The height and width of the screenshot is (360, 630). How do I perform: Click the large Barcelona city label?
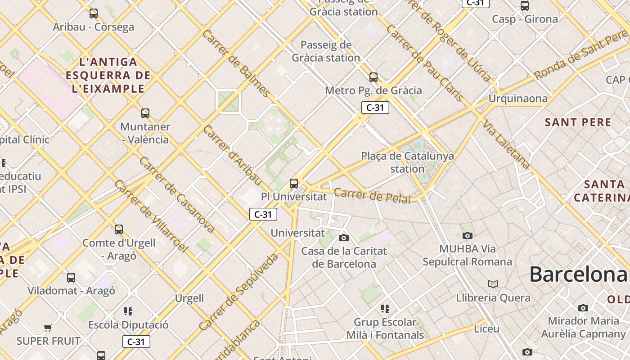click(x=579, y=274)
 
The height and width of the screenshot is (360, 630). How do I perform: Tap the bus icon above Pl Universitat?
click(x=294, y=183)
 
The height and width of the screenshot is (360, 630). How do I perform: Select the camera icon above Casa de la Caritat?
click(x=344, y=238)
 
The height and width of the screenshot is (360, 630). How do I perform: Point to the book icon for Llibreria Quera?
click(x=493, y=284)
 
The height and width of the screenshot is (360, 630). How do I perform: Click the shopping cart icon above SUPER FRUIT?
click(x=48, y=327)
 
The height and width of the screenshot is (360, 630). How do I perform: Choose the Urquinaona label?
click(x=518, y=98)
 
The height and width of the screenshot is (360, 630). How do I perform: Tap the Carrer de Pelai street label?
click(x=372, y=196)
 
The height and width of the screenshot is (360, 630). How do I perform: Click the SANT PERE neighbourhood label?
click(x=578, y=122)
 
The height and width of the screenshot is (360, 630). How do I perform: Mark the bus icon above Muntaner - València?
click(x=145, y=113)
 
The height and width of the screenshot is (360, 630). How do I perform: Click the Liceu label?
click(x=486, y=328)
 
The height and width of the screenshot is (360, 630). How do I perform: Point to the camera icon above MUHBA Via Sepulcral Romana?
click(x=468, y=235)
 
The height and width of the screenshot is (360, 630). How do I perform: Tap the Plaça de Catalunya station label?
click(x=407, y=162)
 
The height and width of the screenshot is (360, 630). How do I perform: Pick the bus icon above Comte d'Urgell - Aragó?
click(x=119, y=229)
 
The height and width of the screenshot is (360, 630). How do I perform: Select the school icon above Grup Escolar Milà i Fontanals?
click(x=385, y=308)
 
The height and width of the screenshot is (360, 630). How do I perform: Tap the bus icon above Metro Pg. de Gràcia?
click(x=373, y=77)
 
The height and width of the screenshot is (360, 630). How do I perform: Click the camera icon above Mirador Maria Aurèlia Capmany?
click(x=583, y=308)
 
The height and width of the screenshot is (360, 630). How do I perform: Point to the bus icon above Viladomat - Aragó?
click(x=71, y=277)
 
